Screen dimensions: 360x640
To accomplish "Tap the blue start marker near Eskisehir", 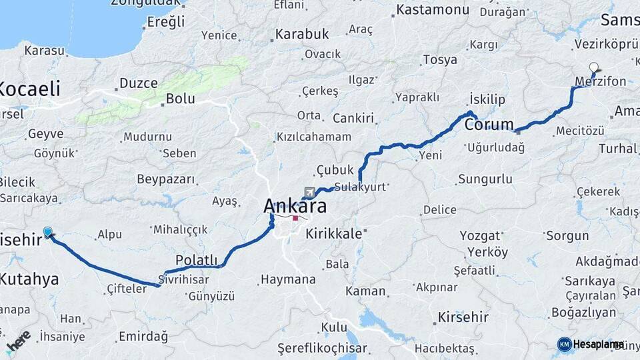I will pos(48,232).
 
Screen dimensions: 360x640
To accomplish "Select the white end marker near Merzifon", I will pos(594,67).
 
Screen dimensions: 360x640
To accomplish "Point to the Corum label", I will pos(489,124).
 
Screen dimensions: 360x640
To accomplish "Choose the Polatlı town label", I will pos(197,259).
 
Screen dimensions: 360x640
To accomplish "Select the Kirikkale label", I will pos(333,234).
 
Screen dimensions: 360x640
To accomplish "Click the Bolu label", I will pos(180,99).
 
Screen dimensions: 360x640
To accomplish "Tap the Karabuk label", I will pos(303,33).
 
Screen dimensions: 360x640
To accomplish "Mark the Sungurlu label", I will pos(485,179).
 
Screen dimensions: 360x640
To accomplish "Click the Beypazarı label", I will pos(166,179).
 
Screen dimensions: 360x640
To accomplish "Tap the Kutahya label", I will pos(29,279).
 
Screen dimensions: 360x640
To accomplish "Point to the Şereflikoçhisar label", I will pos(323,347).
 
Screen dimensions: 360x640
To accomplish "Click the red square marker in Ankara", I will pos(295,218).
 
